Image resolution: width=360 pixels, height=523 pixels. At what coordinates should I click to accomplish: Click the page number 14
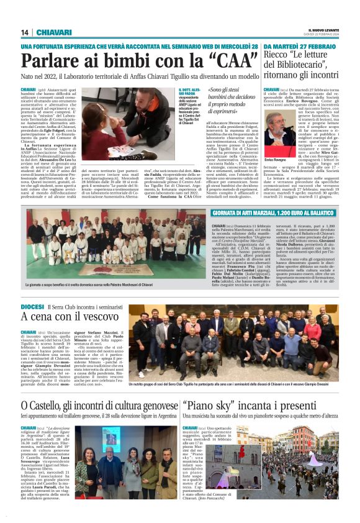pos(25,32)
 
